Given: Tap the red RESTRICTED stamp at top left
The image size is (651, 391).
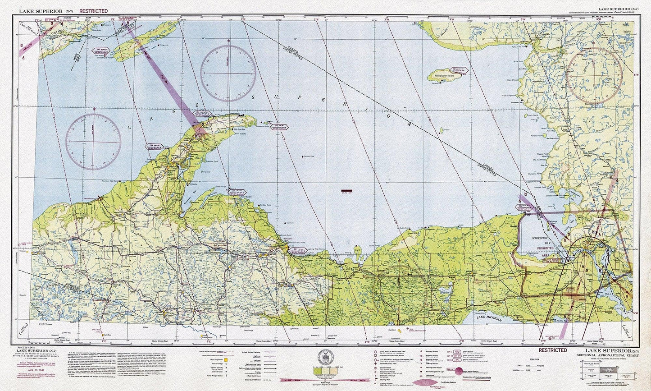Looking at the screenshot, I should coord(93,11).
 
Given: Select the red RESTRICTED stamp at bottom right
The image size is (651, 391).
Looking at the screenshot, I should coord(553,350).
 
